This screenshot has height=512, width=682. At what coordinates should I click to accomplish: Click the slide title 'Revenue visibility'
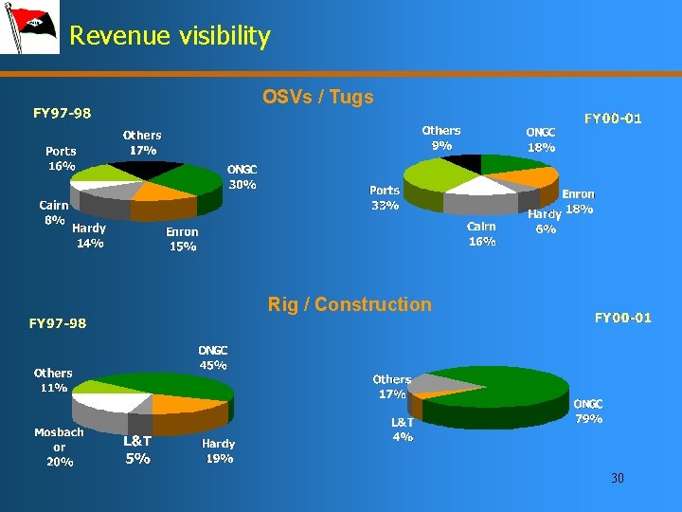point(170,36)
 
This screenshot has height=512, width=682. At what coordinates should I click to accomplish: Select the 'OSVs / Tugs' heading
point(318,97)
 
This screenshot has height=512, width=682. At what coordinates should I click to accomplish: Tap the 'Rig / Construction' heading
point(350,304)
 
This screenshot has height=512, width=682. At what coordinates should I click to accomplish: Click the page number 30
point(618,478)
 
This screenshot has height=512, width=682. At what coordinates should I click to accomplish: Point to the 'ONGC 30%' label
point(242,177)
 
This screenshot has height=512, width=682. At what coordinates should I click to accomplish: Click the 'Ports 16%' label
point(61,158)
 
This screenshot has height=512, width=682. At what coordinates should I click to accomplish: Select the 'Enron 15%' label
point(182,239)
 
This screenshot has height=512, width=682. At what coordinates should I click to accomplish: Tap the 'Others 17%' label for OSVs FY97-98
point(143,142)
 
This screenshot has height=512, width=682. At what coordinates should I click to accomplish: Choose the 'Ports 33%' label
point(385,197)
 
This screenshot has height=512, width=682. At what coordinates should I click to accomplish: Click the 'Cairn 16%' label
point(481,234)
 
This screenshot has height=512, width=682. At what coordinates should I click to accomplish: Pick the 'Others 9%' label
point(441,137)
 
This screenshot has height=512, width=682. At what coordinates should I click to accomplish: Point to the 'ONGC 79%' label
point(588,411)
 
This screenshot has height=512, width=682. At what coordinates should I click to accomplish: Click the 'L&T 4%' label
point(403,430)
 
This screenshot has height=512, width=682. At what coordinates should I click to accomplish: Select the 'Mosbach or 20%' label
point(59,447)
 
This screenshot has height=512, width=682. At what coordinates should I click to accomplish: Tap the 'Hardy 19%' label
point(219,450)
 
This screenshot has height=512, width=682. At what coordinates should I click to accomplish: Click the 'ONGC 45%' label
point(212,357)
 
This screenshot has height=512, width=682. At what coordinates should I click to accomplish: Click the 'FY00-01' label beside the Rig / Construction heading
point(622,318)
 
